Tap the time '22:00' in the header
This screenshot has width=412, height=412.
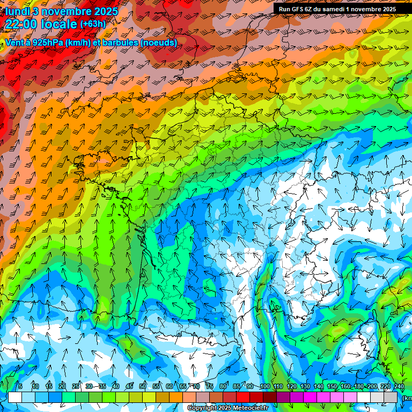coord(22,24)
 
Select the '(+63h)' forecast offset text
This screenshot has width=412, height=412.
coord(93,24)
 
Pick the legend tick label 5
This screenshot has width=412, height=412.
coord(20,387)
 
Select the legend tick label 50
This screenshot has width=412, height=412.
coord(143,387)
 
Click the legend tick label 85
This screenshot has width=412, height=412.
coord(237,387)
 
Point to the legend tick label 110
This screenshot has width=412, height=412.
coord(278,387)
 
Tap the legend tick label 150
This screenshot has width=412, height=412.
coord(332,387)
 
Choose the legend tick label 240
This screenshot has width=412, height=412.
coord(399,387)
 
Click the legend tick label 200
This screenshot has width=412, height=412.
coord(372,387)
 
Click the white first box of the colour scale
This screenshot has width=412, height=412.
coord(15,397)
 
